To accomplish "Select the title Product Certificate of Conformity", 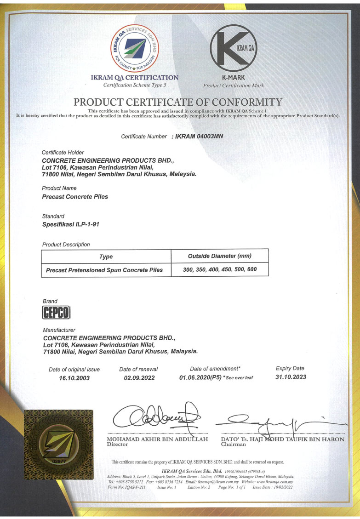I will (x=177, y=102).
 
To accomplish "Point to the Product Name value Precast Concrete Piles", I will (x=75, y=197).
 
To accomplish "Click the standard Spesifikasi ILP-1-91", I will (x=70, y=225).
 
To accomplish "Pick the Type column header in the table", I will (x=106, y=257).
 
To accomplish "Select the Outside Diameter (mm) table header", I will (x=220, y=256).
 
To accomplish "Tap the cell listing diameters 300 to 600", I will (x=220, y=269).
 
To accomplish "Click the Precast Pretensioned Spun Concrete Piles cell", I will (x=104, y=270).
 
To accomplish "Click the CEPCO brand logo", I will (x=56, y=314).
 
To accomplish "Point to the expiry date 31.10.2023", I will (x=291, y=377).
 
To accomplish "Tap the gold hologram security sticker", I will (x=58, y=444).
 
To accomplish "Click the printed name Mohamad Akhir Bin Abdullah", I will (x=157, y=439).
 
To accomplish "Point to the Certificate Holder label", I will (x=63, y=152).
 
